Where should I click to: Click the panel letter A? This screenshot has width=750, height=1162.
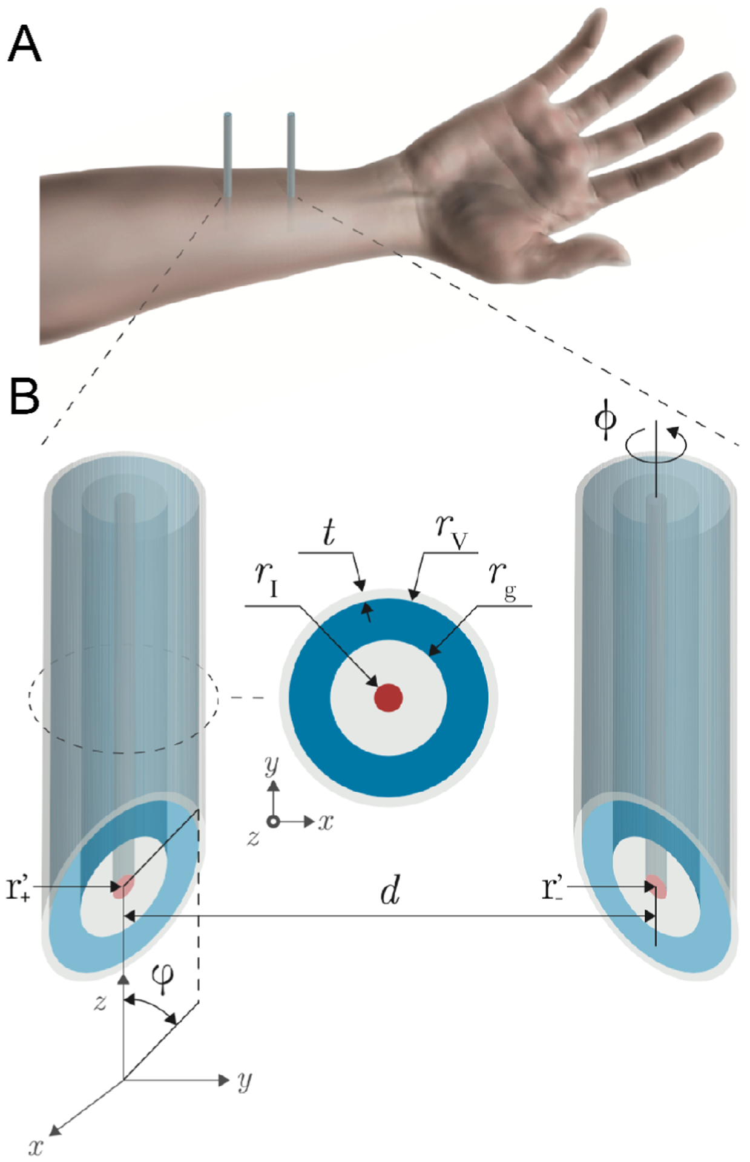24,44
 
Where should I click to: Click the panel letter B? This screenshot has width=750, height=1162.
24,397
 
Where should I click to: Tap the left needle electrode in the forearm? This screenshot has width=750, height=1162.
228,154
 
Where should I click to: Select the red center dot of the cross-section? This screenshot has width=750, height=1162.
388,697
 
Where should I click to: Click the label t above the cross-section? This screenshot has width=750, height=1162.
329,533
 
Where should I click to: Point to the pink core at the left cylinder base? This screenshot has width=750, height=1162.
124,886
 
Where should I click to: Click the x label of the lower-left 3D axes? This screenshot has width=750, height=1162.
36,1147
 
